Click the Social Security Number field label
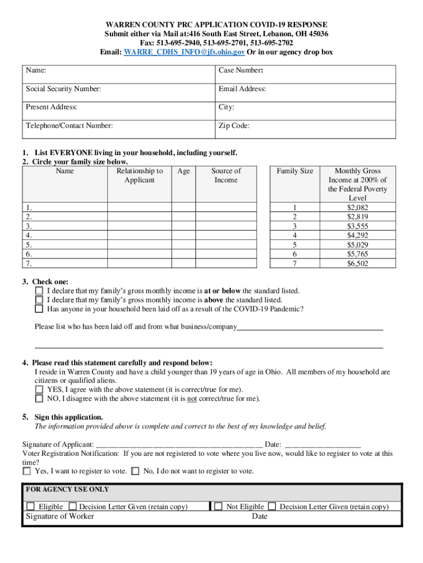tap(63, 89)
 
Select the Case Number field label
tap(241, 70)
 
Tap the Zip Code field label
tap(234, 125)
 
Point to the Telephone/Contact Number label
tap(69, 125)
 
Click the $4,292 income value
tap(358, 235)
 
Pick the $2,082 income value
tap(358, 207)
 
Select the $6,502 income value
tap(358, 263)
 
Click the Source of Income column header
tap(226, 175)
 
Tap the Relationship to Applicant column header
tap(140, 175)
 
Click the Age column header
tap(183, 171)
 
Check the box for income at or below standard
tap(39, 291)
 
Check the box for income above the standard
tap(39, 300)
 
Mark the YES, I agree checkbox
tap(39, 390)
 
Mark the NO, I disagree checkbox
tap(39, 399)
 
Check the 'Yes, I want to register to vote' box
tap(27, 471)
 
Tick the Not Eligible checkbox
tap(219, 507)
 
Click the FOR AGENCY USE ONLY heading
tap(68, 489)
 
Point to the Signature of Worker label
tap(60, 516)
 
